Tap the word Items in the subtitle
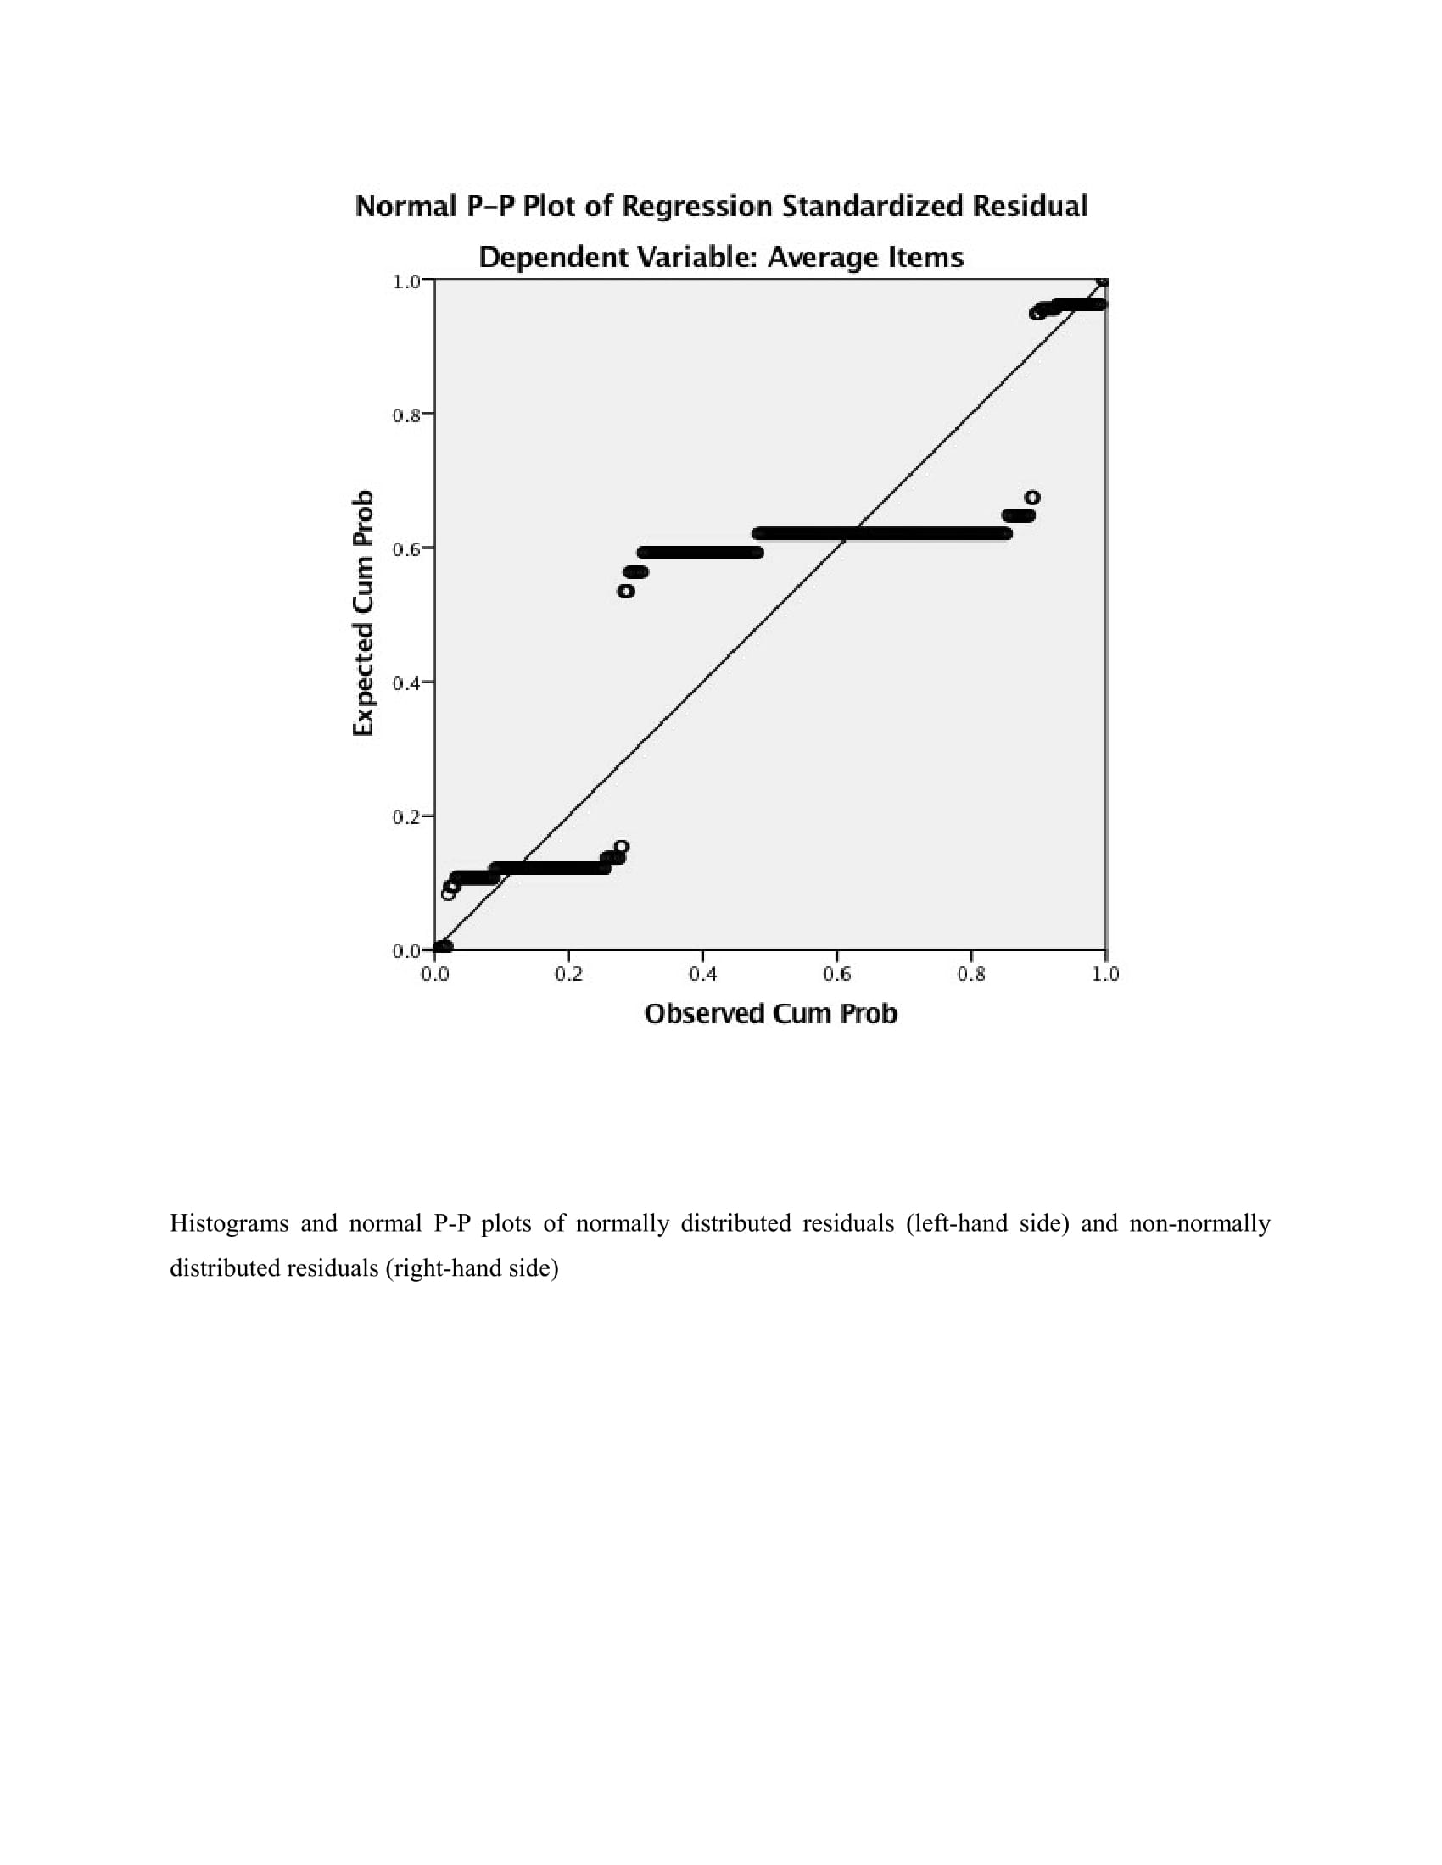coord(927,257)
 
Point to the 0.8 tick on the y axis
coord(406,416)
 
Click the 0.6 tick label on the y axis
coord(406,550)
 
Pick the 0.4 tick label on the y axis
coord(406,684)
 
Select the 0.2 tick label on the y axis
coord(406,818)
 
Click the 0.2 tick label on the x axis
coord(569,974)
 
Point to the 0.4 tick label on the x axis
coord(703,974)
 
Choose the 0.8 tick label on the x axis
coord(971,974)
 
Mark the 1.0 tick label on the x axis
coord(1105,974)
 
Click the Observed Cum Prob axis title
coord(770,1014)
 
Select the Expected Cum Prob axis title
coord(364,613)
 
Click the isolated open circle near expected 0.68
coord(1032,497)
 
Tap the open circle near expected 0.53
coord(626,591)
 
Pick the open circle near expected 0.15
coord(621,847)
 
